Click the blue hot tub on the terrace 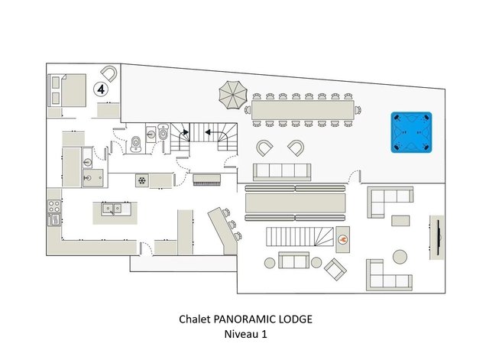tap(411, 132)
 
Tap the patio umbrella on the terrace tap(233, 95)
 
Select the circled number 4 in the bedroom tap(101, 89)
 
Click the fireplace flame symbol tap(342, 239)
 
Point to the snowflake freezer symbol tap(142, 180)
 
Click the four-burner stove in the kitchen tap(54, 206)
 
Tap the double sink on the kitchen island tap(112, 209)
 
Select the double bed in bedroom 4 tap(66, 90)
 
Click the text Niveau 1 tap(245, 334)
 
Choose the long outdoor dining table tap(303, 110)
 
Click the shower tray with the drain tap(92, 178)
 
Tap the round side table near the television tap(400, 257)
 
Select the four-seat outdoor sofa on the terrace tap(282, 172)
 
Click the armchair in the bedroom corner tap(108, 74)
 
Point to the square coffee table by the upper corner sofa tap(400, 221)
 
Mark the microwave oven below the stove tap(54, 219)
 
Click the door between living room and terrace tap(355, 177)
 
